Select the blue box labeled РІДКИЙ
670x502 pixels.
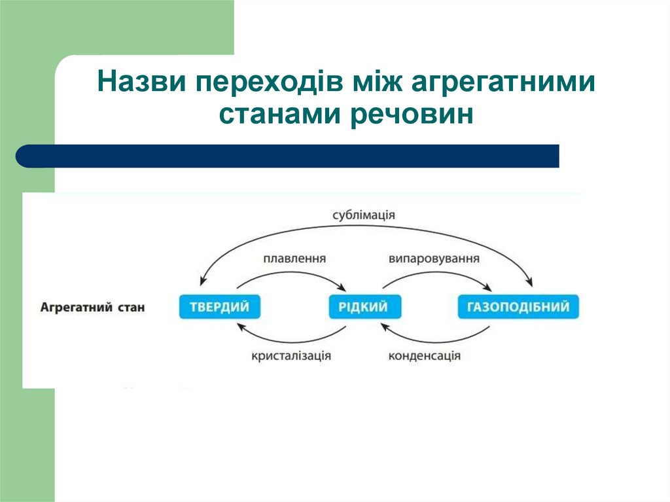(364, 307)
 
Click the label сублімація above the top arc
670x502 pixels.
(364, 215)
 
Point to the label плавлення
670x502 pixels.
(294, 259)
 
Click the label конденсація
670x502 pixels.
(425, 356)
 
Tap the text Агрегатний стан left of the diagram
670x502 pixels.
(92, 306)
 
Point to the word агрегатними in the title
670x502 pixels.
(504, 84)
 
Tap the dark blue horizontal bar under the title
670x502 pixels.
(288, 156)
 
